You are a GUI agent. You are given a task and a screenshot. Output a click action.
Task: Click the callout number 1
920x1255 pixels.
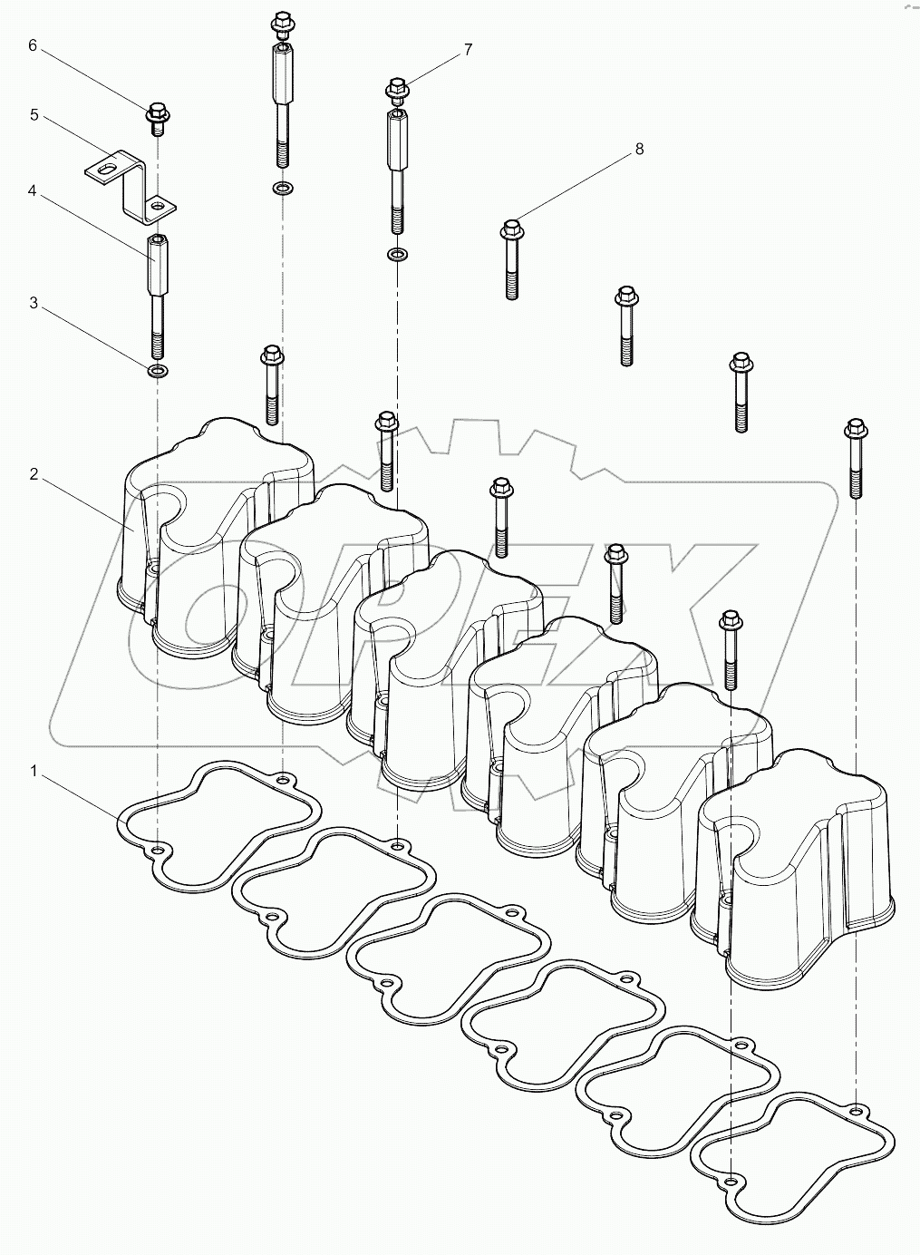pos(34,771)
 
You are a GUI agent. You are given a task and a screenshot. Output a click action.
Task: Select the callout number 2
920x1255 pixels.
pos(34,474)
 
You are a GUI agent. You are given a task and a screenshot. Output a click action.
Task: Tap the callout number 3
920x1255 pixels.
pos(34,303)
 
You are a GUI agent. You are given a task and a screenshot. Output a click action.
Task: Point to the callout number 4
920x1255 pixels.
pos(32,191)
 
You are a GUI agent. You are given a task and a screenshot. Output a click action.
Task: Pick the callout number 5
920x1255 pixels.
pos(34,114)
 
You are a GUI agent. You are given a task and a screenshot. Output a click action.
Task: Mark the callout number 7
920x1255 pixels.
pos(468,50)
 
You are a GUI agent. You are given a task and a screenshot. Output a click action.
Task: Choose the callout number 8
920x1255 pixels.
pos(639,149)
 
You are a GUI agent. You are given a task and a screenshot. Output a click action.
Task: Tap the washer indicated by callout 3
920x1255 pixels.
pos(159,371)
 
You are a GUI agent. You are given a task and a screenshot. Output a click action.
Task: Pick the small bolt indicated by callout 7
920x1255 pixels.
pos(397,91)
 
